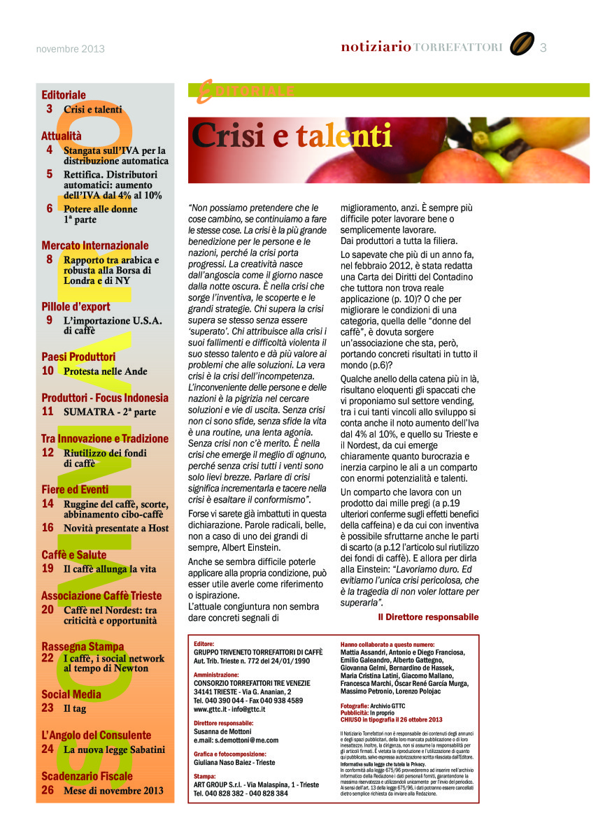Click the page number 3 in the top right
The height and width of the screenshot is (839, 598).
coord(543,48)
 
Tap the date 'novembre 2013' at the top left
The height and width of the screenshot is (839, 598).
coord(70,49)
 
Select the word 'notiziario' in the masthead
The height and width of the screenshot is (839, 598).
coord(376,48)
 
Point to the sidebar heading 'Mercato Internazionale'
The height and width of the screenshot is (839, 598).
coord(95,245)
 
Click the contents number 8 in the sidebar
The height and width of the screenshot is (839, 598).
coord(50,259)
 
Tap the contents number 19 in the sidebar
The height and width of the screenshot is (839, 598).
coord(48,568)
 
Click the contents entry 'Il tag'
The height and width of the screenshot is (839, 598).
coord(74,708)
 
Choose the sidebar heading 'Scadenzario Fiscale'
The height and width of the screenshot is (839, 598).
coord(87,776)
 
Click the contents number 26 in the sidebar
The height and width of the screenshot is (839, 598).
coord(48,790)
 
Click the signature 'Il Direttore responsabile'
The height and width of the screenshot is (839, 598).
coord(428,617)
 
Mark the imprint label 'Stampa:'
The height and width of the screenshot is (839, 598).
coord(205,776)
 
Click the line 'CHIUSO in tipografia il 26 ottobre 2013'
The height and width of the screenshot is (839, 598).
coord(392,719)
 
